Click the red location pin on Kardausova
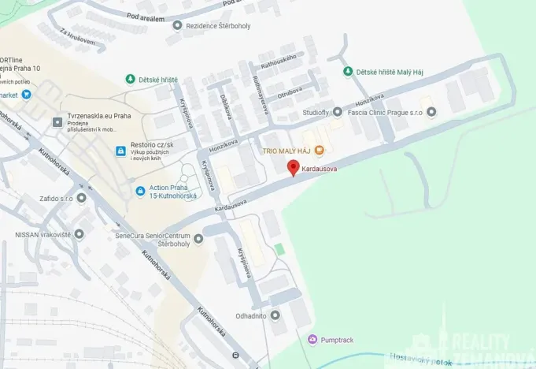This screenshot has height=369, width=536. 293,168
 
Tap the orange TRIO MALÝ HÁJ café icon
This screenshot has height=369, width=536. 319,150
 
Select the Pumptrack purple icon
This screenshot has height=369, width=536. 313,340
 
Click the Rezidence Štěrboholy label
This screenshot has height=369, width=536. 218,25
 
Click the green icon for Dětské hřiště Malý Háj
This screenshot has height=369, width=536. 348,72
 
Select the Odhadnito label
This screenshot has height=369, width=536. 252,315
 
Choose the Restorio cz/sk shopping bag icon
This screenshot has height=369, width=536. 120,150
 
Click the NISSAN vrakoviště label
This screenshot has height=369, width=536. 43,233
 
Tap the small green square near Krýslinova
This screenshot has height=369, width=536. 279,249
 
